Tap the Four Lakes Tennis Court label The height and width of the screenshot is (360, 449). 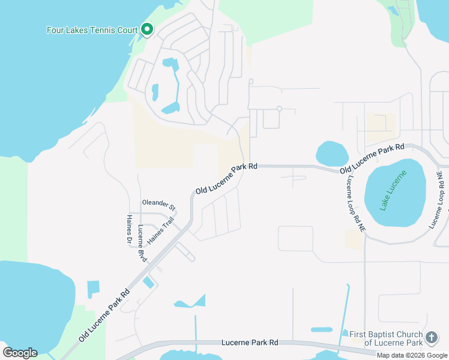(x=92, y=30)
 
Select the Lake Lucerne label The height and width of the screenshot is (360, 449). (x=393, y=190)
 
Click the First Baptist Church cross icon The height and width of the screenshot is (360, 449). (x=431, y=338)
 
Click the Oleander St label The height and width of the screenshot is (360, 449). (x=158, y=204)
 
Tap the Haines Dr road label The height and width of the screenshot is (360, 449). (x=129, y=230)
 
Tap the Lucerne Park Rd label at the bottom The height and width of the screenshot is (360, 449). (x=249, y=342)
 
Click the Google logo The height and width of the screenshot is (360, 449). (x=20, y=352)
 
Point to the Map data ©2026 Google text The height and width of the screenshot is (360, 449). (x=412, y=355)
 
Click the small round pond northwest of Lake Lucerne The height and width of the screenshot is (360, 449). (x=332, y=154)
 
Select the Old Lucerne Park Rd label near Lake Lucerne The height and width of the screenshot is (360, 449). (x=372, y=159)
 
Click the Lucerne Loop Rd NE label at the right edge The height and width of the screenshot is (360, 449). (x=436, y=200)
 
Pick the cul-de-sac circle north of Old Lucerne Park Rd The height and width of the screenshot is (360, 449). (x=279, y=109)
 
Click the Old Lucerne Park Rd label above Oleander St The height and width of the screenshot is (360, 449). (x=226, y=178)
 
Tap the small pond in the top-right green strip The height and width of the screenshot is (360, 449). (x=394, y=10)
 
